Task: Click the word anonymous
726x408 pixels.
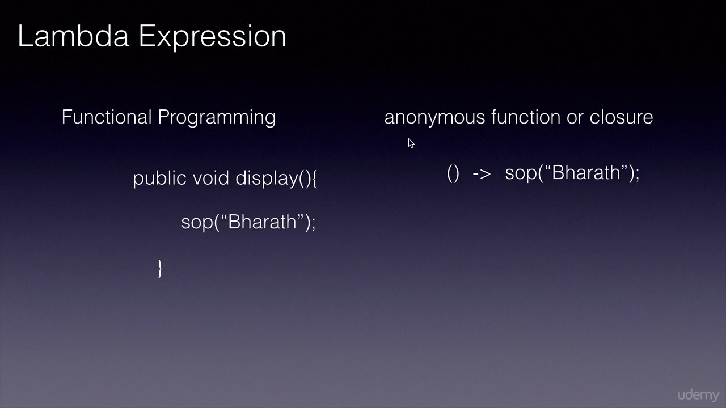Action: tap(434, 118)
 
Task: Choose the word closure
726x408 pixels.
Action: tap(621, 117)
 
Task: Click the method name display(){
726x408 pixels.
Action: tap(276, 178)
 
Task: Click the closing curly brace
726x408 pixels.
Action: tap(160, 267)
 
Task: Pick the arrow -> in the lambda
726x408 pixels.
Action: tap(481, 173)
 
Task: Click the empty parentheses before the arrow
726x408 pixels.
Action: tap(453, 173)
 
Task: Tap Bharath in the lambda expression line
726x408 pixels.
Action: tap(586, 172)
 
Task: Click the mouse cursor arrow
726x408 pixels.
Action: tap(411, 143)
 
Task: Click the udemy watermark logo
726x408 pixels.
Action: tap(698, 395)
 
